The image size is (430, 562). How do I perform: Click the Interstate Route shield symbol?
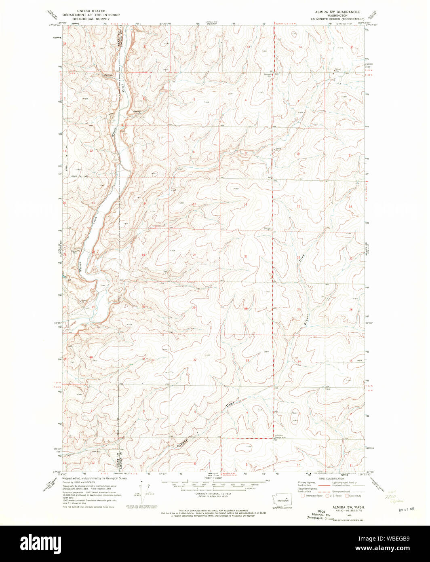click(302, 495)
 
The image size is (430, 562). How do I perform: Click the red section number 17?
click(194, 204)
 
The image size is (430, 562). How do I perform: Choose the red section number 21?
click(245, 256)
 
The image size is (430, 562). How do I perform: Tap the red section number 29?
click(194, 308)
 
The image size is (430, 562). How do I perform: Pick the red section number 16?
click(245, 205)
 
